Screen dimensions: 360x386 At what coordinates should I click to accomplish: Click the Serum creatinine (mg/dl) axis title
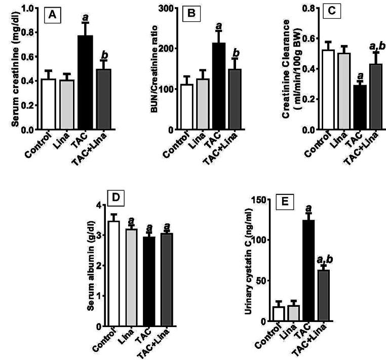(8, 69)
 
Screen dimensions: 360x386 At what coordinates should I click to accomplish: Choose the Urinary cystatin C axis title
(248, 263)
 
